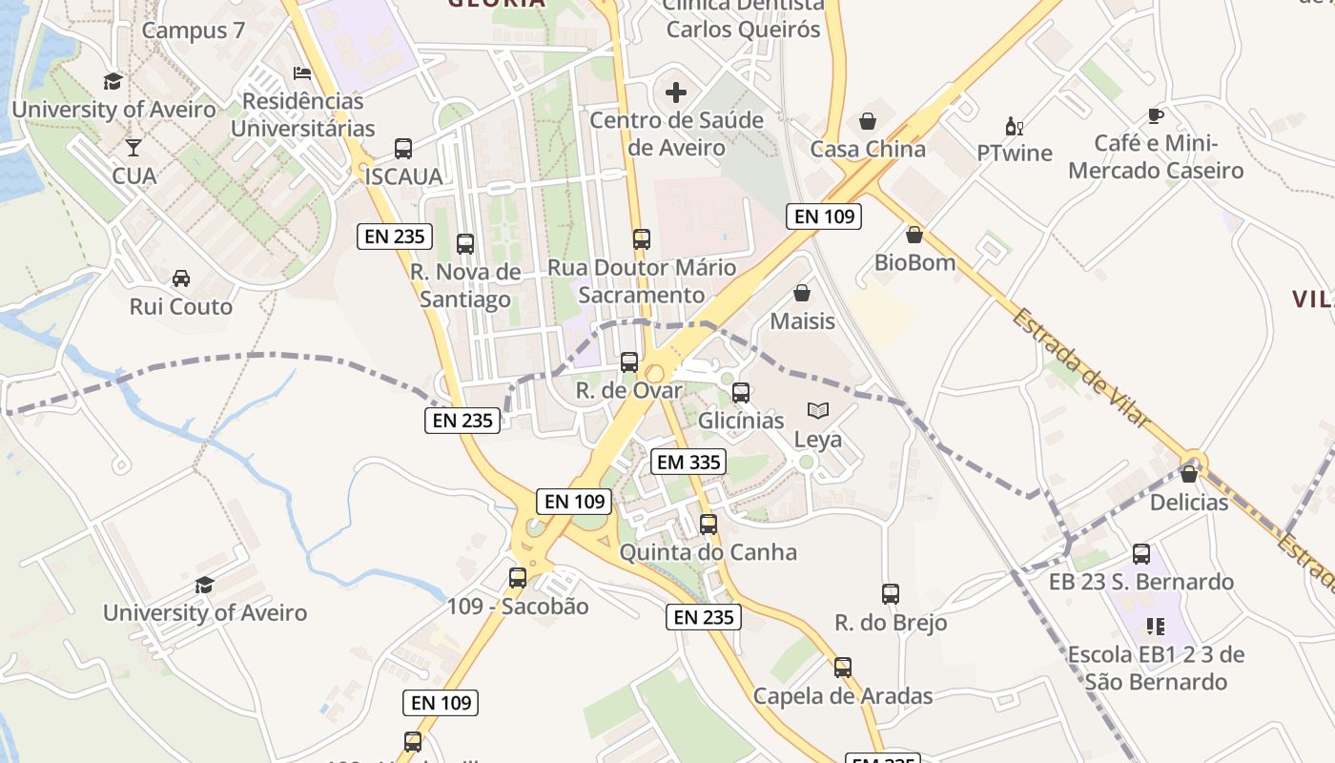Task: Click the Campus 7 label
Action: coord(194,31)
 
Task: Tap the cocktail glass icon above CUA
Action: coord(133,148)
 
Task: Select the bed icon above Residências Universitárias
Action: coord(302,73)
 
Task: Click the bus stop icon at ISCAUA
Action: coord(403,149)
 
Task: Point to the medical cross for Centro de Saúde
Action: coord(676,93)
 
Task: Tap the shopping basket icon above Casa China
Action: coord(868,121)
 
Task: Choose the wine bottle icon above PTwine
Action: coord(1014,126)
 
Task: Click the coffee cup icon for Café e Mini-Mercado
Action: coord(1156,116)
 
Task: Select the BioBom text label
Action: coord(914,262)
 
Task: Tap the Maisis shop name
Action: coord(802,321)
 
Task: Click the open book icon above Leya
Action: coord(818,411)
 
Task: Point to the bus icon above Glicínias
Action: coord(741,392)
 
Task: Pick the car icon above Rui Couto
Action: coord(180,278)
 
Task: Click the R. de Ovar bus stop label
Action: coord(629,390)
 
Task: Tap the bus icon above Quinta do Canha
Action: coord(708,524)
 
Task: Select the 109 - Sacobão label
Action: coord(518,607)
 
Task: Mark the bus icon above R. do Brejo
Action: coord(891,594)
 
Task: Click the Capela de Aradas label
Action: coord(843,696)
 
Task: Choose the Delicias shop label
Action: coord(1189,502)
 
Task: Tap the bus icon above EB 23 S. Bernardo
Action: coord(1141,554)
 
